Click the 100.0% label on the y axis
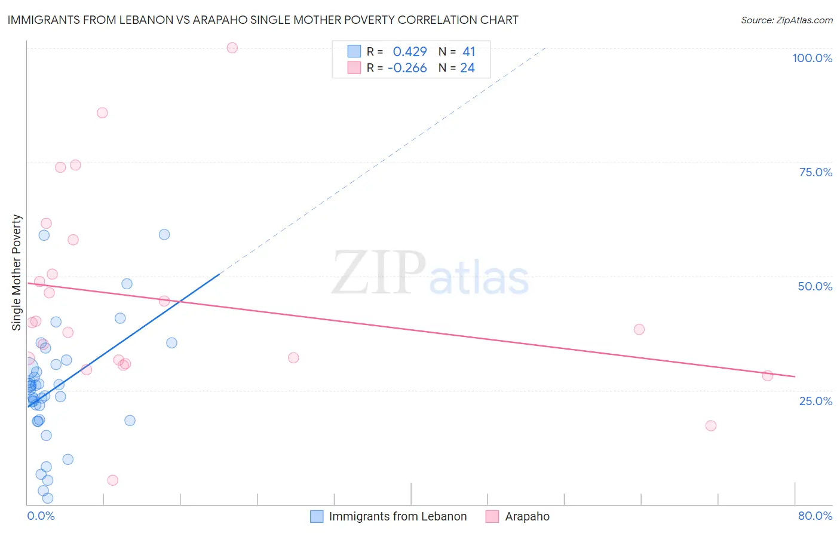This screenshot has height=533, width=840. [812, 58]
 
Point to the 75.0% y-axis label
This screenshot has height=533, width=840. [816, 172]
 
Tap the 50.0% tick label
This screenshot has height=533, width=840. [815, 286]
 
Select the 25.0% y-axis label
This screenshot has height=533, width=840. [816, 400]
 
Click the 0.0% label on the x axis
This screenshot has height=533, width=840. [41, 516]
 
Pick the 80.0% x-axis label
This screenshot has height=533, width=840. [815, 516]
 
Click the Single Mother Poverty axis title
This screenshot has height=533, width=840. [17, 272]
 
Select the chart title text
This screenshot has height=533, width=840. [263, 20]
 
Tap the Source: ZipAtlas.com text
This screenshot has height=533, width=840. [786, 20]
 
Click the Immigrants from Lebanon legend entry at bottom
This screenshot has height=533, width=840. [397, 516]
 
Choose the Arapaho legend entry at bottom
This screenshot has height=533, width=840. [527, 516]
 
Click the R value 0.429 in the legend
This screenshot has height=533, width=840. [410, 52]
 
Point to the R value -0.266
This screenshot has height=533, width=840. [407, 68]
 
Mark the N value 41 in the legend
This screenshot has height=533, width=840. [468, 52]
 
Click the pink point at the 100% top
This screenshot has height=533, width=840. [232, 48]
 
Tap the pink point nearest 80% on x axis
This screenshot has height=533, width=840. [768, 375]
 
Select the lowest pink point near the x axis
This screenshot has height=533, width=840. [112, 480]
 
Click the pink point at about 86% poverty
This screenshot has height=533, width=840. [102, 113]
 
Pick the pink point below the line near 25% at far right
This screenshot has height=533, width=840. [710, 425]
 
